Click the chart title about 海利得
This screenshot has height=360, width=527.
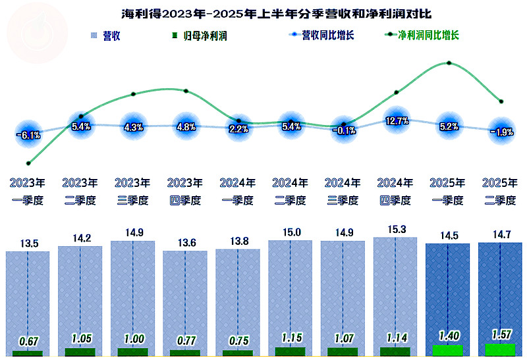(x=263, y=13)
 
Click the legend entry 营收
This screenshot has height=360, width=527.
(x=105, y=36)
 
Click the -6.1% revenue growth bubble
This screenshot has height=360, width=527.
(x=28, y=136)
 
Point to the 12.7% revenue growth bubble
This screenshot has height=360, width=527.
(x=397, y=121)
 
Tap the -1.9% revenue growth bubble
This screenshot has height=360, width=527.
(x=502, y=132)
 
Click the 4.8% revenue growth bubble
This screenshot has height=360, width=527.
(x=186, y=126)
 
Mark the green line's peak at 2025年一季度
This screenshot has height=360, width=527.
(x=449, y=63)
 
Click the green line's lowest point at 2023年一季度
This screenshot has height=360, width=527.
(x=28, y=163)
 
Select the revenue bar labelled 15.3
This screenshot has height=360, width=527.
(x=396, y=293)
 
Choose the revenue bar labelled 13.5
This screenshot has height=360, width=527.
(x=28, y=299)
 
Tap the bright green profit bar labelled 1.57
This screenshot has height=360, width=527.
(x=500, y=350)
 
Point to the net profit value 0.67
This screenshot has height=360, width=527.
(x=28, y=341)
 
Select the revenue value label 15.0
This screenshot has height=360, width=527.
(x=291, y=232)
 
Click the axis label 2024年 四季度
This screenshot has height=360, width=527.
(x=396, y=192)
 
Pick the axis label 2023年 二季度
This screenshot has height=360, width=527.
(x=80, y=192)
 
